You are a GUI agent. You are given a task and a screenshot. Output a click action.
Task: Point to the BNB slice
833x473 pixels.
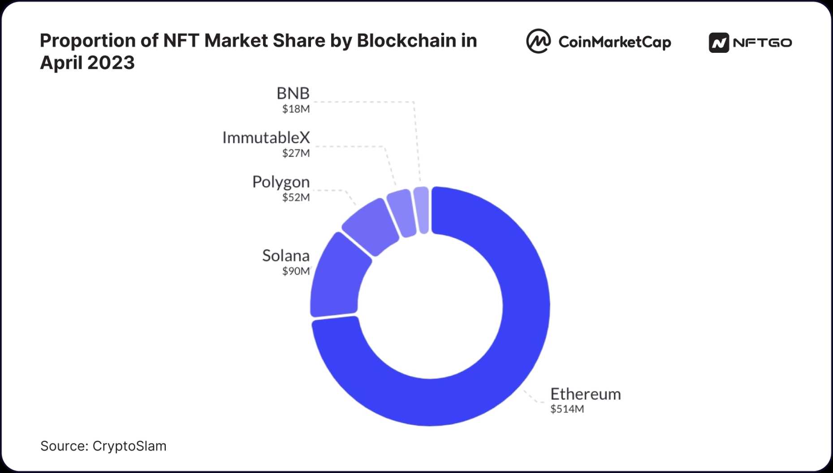click(x=422, y=210)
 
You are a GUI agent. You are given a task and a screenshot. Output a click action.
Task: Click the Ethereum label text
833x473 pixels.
click(x=585, y=394)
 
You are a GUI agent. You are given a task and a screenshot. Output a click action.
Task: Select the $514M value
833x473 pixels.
click(x=567, y=409)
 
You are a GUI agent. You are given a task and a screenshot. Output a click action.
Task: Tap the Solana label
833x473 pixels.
click(x=286, y=255)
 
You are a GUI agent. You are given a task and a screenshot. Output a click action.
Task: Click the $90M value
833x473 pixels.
click(x=296, y=271)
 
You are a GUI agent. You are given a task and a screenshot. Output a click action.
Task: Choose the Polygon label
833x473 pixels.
click(x=281, y=182)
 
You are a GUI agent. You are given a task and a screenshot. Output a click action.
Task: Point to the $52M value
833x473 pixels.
click(x=296, y=198)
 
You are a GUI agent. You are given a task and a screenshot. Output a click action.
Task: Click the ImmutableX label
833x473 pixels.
click(x=266, y=138)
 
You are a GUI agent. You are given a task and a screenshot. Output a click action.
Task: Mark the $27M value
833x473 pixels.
click(x=296, y=153)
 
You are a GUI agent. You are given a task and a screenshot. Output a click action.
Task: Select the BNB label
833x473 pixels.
click(x=293, y=93)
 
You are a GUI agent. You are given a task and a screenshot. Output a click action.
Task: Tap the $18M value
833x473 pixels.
click(x=296, y=109)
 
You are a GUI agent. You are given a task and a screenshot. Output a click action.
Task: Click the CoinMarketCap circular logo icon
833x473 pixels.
click(x=538, y=42)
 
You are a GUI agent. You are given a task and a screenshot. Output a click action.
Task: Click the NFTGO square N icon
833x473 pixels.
click(x=719, y=43)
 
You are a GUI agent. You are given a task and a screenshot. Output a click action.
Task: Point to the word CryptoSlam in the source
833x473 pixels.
click(x=129, y=446)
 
